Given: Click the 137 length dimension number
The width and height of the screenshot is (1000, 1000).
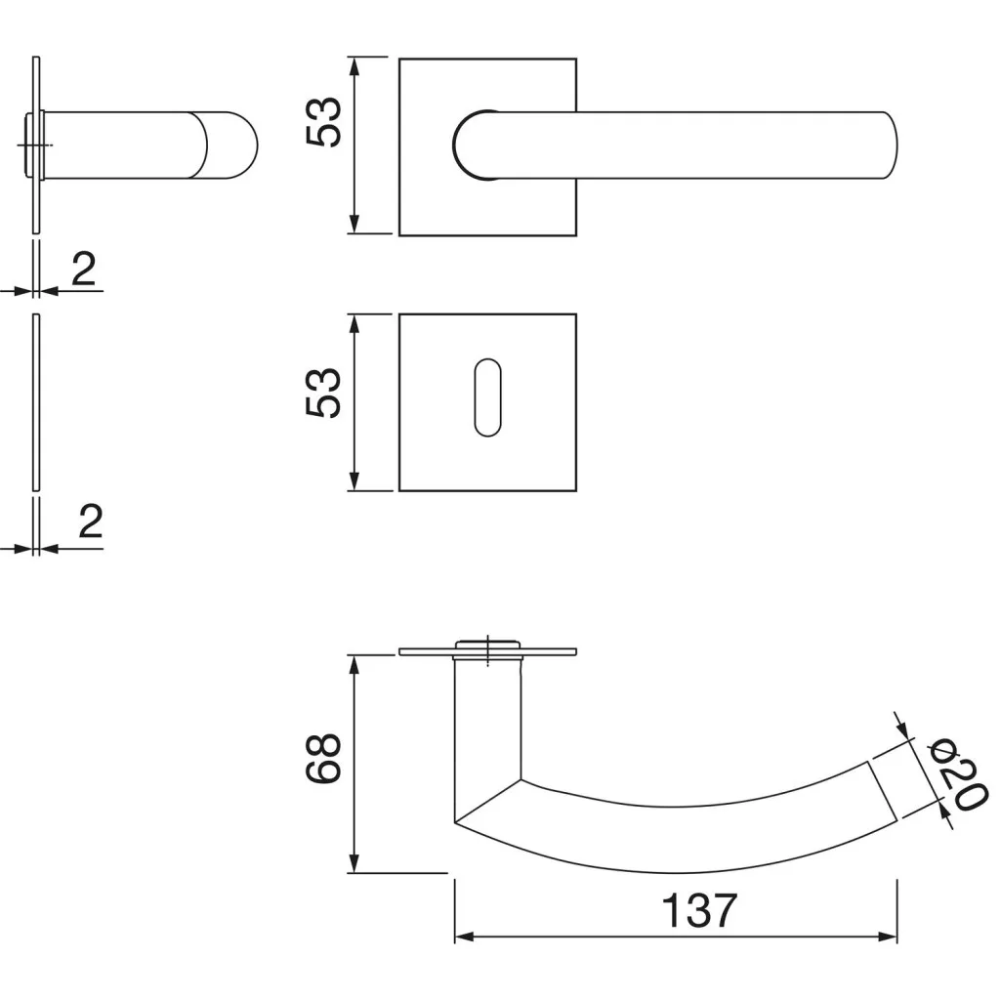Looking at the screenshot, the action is pyautogui.click(x=699, y=910).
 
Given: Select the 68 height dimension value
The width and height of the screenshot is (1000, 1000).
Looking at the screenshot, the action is pyautogui.click(x=324, y=758).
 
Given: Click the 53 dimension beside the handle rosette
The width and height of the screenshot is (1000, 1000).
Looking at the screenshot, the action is pyautogui.click(x=324, y=122).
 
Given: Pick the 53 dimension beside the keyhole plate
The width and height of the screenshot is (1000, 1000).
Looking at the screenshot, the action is pyautogui.click(x=324, y=393).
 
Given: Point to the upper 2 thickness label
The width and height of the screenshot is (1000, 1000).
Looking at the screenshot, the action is pyautogui.click(x=84, y=269).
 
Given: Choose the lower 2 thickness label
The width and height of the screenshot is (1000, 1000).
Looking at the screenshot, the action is pyautogui.click(x=90, y=521).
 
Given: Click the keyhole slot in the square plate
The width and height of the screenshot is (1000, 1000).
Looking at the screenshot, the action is pyautogui.click(x=488, y=397).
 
